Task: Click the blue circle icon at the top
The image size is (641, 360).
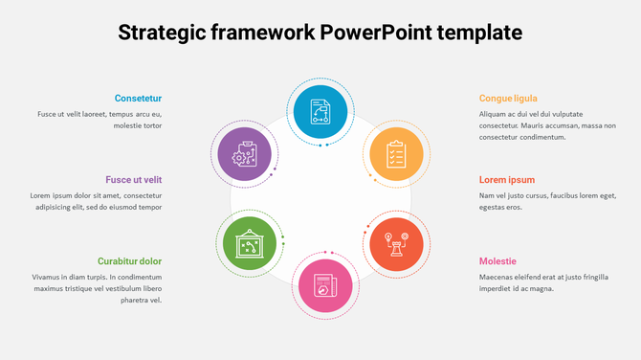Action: pos(320,111)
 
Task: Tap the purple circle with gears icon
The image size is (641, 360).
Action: pos(247,154)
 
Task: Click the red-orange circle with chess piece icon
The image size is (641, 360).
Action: pos(396,242)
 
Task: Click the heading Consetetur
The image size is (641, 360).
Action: pos(138,98)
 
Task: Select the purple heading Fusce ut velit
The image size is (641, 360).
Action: pos(134,179)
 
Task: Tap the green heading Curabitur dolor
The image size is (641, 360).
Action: pos(129,261)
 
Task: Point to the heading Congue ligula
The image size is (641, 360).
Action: pos(508,98)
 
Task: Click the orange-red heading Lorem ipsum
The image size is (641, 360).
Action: pos(507,179)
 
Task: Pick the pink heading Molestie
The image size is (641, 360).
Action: pos(497,261)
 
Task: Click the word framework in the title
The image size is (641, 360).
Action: pos(265,33)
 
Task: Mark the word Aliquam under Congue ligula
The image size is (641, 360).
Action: pos(496,114)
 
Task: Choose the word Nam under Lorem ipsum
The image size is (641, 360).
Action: pos(487,195)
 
